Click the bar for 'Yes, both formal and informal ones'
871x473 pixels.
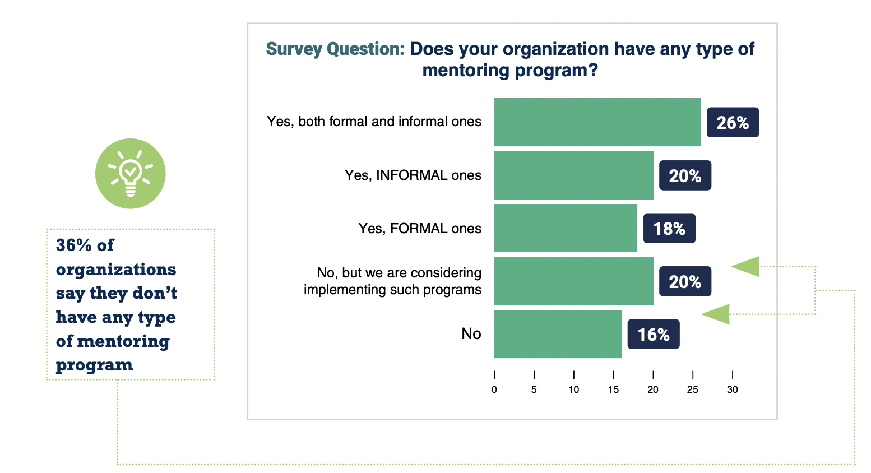[597, 122]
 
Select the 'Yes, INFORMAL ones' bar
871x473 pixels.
[573, 175]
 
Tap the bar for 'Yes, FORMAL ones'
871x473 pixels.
[566, 228]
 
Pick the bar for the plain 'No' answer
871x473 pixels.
[558, 334]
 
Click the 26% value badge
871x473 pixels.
[733, 123]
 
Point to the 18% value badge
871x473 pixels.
[669, 229]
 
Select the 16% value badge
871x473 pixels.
[654, 335]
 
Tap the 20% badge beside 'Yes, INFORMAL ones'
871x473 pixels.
[685, 176]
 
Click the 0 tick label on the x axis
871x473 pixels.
[494, 390]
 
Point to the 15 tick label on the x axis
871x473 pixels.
[613, 390]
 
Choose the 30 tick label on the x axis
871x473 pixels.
[733, 390]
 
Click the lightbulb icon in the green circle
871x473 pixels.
[131, 174]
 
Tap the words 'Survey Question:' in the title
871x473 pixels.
[335, 49]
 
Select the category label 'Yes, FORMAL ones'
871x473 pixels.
[420, 229]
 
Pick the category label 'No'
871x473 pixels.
[471, 334]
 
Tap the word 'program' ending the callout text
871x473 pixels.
[94, 365]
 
